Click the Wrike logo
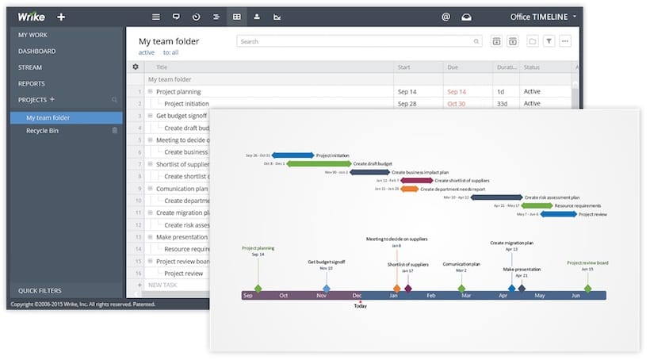[31, 16]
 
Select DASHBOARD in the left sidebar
[36, 52]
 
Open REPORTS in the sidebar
[32, 83]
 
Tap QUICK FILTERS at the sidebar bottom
[40, 290]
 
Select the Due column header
[453, 67]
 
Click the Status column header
[532, 67]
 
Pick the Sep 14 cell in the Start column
[408, 91]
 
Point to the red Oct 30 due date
[457, 103]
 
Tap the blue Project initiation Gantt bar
[292, 155]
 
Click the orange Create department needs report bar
[409, 189]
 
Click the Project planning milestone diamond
[258, 288]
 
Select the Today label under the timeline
[360, 306]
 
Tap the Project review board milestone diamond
[587, 288]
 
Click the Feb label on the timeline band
[431, 295]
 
